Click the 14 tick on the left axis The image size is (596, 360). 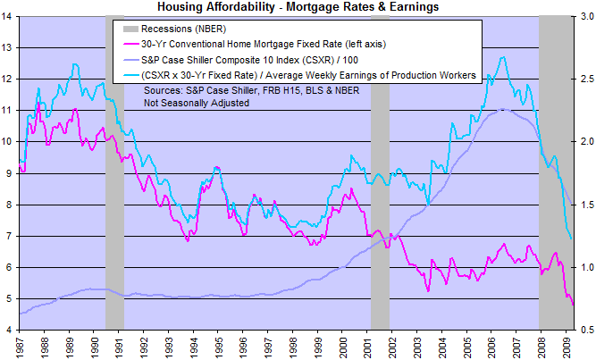9,17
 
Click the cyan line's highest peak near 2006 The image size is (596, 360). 505,58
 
